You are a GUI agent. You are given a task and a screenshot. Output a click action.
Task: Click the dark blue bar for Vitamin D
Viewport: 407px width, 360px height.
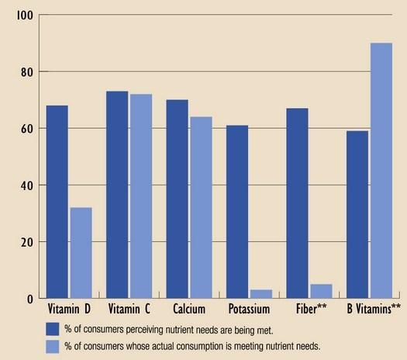pyautogui.click(x=57, y=202)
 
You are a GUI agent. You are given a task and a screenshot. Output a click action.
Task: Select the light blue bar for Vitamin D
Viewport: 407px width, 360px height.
pyautogui.click(x=81, y=252)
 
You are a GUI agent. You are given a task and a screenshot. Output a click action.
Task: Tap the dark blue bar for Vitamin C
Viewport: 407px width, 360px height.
pyautogui.click(x=117, y=195)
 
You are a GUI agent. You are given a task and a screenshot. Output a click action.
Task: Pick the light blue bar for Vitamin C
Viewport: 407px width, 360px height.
pyautogui.click(x=141, y=196)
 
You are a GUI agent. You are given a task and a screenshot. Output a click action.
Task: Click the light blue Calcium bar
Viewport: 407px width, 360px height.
pyautogui.click(x=202, y=207)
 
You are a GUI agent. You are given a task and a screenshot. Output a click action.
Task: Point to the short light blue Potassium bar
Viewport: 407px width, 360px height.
pyautogui.click(x=261, y=294)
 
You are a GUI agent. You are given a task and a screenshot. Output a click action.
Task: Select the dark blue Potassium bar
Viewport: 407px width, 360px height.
pyautogui.click(x=237, y=212)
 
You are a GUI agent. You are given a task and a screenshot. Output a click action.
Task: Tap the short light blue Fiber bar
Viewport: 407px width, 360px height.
pyautogui.click(x=322, y=291)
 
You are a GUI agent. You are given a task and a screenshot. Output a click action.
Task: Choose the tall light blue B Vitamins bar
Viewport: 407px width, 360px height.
pyautogui.click(x=381, y=171)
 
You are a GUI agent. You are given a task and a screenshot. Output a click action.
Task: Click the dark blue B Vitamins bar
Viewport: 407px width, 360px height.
pyautogui.click(x=357, y=215)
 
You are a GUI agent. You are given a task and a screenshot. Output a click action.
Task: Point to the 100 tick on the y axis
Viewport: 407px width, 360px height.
pyautogui.click(x=25, y=16)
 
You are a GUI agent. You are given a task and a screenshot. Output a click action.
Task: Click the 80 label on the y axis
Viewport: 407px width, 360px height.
pyautogui.click(x=27, y=72)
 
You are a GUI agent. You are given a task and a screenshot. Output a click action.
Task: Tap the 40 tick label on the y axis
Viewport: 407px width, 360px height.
pyautogui.click(x=27, y=185)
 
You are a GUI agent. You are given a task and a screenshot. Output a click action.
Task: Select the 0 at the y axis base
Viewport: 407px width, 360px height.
pyautogui.click(x=30, y=299)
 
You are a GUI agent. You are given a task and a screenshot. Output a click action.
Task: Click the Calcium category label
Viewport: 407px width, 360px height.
pyautogui.click(x=189, y=309)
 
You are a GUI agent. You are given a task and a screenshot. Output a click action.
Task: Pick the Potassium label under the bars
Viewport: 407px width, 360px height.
pyautogui.click(x=249, y=309)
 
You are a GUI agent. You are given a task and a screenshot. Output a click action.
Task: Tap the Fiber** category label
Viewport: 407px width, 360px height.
pyautogui.click(x=312, y=309)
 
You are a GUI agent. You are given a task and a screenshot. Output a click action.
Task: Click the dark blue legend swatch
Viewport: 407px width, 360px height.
pyautogui.click(x=53, y=329)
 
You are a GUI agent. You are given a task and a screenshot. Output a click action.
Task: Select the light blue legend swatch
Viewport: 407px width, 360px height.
pyautogui.click(x=53, y=347)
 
